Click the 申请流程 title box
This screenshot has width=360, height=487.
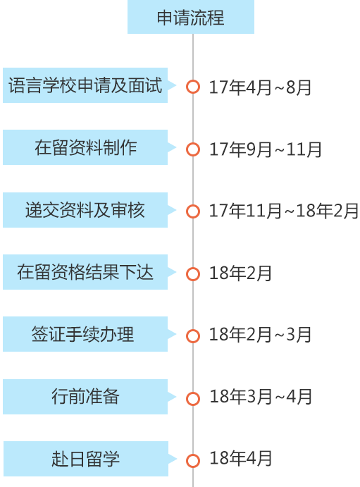click(191, 17)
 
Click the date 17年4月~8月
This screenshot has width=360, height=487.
click(260, 87)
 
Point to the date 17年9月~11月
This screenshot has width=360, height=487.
click(266, 149)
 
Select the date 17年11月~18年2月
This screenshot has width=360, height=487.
click(284, 211)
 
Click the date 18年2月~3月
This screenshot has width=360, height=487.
click(260, 335)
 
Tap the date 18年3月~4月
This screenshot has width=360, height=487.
click(261, 397)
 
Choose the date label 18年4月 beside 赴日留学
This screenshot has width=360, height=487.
click(241, 458)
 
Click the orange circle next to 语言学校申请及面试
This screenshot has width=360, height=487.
click(193, 87)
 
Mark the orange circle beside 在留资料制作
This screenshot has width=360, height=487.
click(193, 149)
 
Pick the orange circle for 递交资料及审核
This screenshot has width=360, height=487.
click(193, 211)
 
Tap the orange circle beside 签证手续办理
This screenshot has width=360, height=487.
click(193, 336)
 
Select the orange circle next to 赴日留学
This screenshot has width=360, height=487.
click(193, 461)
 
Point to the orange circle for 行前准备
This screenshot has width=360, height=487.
click(193, 399)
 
